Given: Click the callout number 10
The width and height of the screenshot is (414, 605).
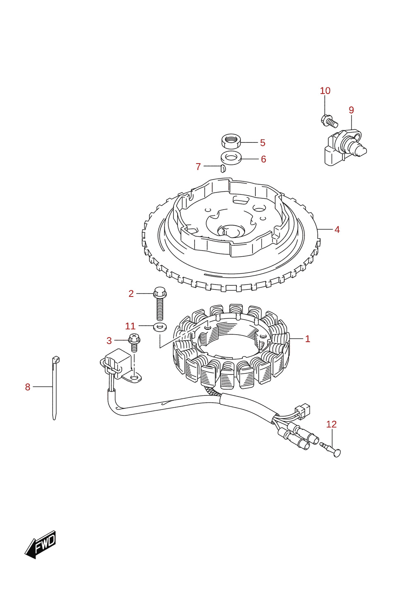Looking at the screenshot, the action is tap(325, 91).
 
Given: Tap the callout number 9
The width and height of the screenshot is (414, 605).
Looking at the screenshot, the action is tap(351, 110).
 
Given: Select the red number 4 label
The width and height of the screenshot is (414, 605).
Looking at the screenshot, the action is tap(337, 229).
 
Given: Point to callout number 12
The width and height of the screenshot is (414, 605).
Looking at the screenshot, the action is tap(331, 424).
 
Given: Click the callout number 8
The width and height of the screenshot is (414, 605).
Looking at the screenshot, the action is tap(28, 387).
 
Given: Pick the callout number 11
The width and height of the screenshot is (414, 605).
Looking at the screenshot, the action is tap(130, 326).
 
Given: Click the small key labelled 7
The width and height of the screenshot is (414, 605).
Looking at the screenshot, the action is tap(223, 168).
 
